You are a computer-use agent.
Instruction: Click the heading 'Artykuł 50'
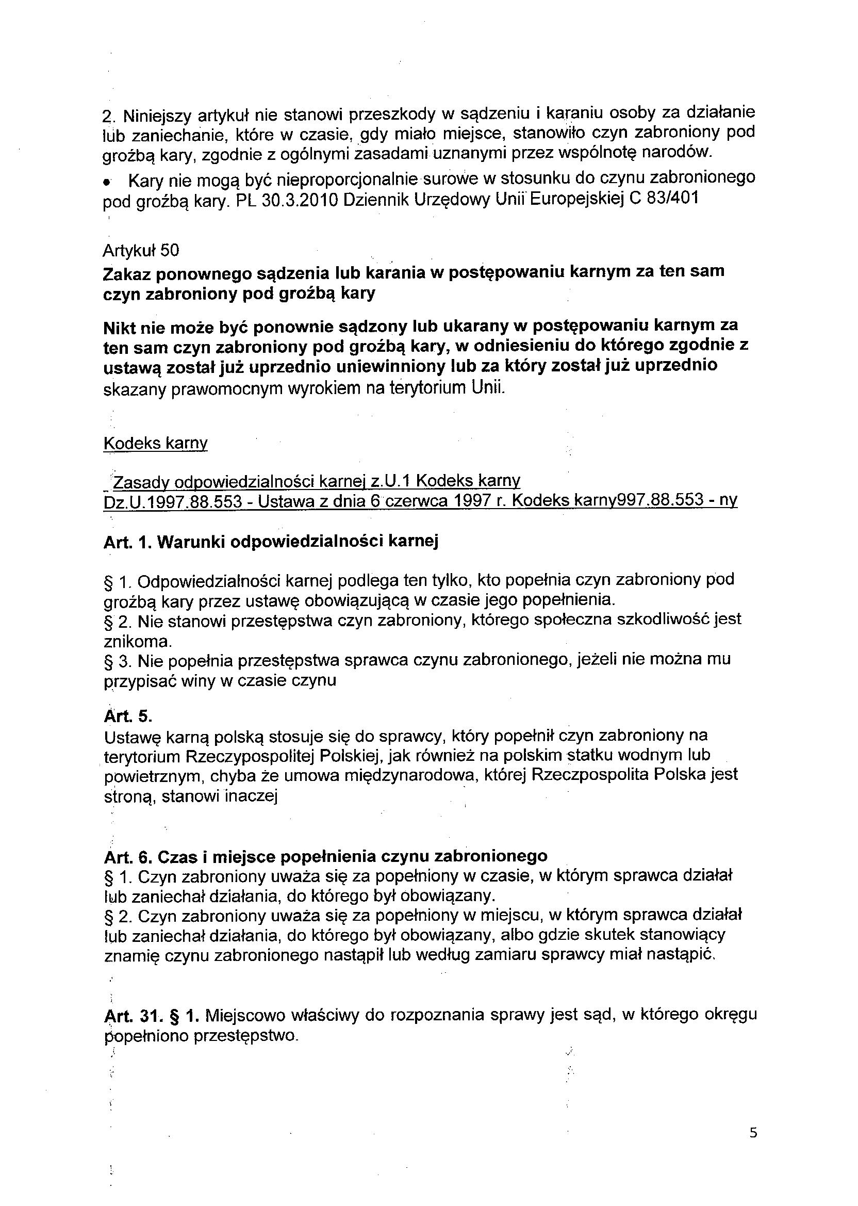click(x=141, y=250)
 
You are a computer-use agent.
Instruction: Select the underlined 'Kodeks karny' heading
click(x=155, y=443)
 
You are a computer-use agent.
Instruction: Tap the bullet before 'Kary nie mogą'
click(x=107, y=182)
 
